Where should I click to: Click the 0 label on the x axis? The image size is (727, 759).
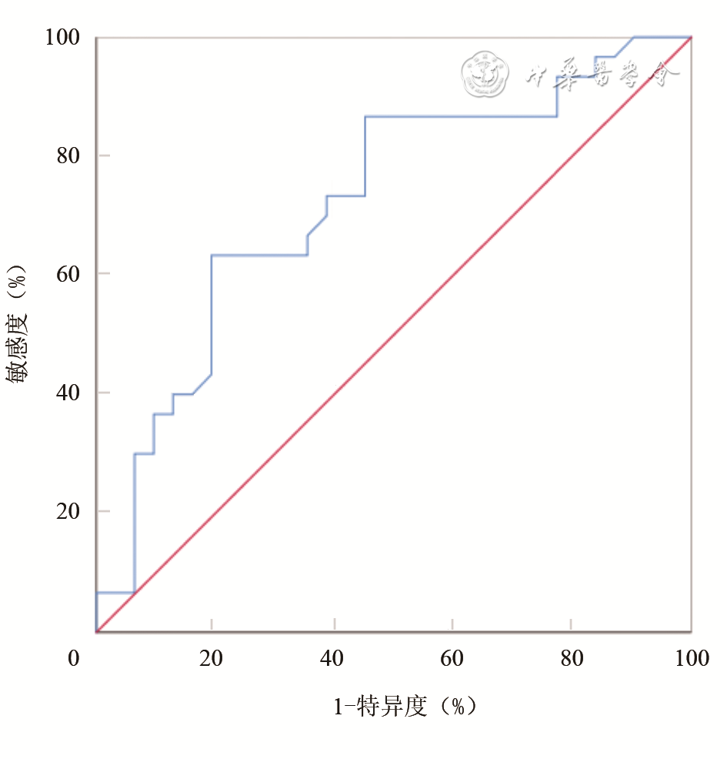74,659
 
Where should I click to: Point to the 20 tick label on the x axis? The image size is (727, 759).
211,659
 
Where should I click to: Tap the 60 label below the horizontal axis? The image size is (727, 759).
452,659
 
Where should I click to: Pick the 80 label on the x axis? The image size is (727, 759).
571,659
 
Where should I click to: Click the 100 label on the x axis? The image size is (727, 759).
690,659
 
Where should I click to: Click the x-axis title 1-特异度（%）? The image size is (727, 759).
405,707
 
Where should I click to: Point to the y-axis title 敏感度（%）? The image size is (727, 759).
18,325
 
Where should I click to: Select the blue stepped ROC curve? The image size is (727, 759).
212,308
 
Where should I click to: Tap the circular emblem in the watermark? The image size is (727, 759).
485,74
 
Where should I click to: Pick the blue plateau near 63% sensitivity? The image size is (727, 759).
259,255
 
